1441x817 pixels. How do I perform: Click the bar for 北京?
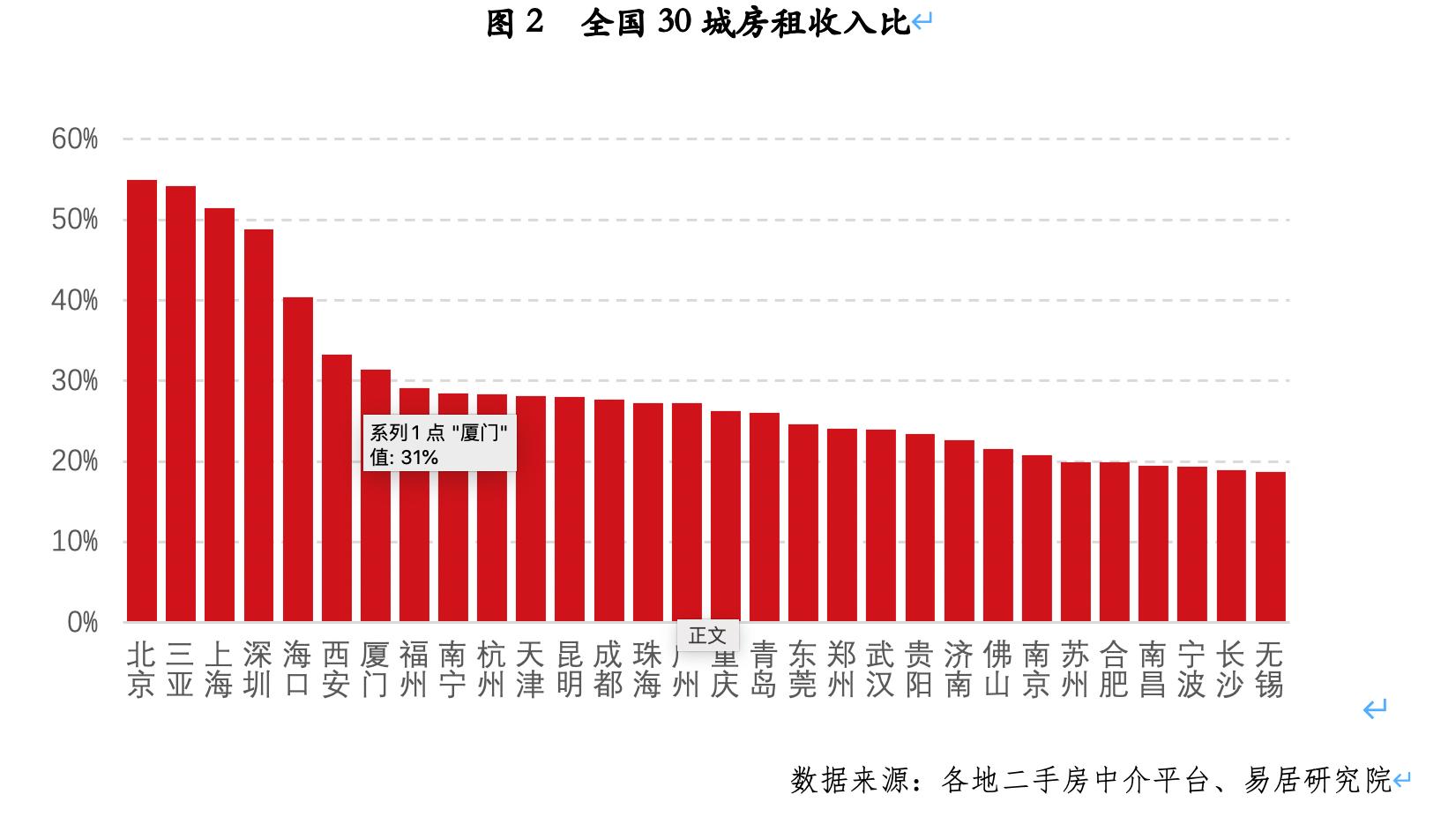(x=141, y=401)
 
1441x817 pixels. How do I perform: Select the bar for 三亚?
(x=180, y=404)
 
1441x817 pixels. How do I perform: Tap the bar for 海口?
(x=297, y=459)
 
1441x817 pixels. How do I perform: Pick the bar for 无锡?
(x=1270, y=547)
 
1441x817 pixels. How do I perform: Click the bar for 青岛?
(x=764, y=517)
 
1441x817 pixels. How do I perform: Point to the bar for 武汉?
(x=880, y=526)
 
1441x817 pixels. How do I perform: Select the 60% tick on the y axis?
(x=75, y=139)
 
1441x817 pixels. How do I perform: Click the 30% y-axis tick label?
(x=75, y=381)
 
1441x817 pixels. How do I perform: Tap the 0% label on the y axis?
(x=82, y=623)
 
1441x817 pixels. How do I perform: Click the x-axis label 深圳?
(x=258, y=669)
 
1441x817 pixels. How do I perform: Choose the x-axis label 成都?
(x=608, y=669)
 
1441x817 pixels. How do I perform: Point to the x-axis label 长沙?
(x=1230, y=669)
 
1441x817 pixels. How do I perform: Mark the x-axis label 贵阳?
(x=919, y=669)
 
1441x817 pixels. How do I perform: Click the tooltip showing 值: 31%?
(x=439, y=445)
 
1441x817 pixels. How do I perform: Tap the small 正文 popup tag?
(x=707, y=635)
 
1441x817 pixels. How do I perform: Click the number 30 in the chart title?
(x=674, y=24)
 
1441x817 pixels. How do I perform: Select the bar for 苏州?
(x=1075, y=542)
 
